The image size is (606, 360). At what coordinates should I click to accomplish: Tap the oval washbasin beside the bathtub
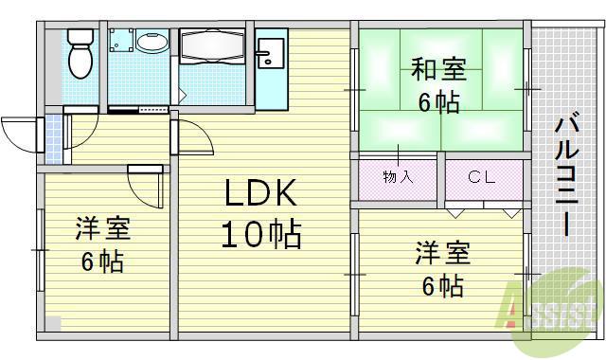click(151, 43)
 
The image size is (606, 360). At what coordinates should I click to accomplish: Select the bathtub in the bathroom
click(213, 47)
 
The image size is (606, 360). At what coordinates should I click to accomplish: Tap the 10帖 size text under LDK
click(261, 233)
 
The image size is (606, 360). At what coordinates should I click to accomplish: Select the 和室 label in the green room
click(437, 70)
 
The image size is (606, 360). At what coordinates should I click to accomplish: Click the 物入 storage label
click(397, 177)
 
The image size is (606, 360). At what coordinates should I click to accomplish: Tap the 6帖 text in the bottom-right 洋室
click(442, 284)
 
